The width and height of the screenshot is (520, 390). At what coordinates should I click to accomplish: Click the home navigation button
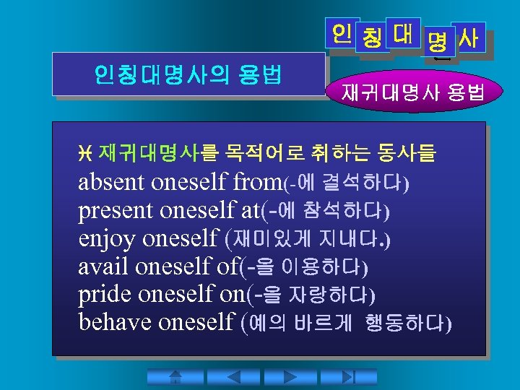point(174,377)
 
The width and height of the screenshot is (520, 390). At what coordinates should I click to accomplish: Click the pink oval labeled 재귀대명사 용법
point(413,92)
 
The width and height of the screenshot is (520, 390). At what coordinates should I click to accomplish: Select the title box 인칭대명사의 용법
point(188,74)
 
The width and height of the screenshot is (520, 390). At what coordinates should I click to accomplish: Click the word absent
point(112,183)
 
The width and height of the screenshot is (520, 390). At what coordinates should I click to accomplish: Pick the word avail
point(103,266)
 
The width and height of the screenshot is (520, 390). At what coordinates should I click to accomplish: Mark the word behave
point(112,321)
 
